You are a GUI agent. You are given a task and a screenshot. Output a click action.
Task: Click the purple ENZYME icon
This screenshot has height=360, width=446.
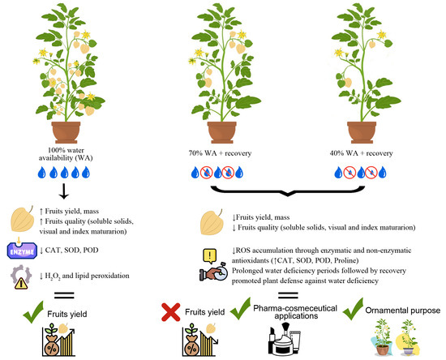point(22,251)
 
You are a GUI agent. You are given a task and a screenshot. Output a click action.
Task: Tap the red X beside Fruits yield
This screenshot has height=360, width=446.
point(170,312)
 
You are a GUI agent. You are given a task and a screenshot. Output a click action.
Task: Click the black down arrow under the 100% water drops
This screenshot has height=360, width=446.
point(64,191)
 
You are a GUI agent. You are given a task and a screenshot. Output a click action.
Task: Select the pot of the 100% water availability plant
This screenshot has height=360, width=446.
point(66,132)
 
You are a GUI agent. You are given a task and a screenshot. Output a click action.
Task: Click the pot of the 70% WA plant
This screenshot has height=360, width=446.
point(222,132)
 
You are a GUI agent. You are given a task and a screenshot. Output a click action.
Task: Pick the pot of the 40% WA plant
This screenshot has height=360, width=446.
point(362,132)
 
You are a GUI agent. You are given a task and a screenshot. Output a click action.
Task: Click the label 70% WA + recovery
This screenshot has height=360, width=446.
point(220,153)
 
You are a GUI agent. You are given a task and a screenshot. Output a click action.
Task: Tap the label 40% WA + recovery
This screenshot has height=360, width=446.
point(361,153)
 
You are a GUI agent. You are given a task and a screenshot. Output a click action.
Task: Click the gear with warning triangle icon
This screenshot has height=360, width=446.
point(20,276)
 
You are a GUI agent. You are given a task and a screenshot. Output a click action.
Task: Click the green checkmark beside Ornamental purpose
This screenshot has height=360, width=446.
point(353,309)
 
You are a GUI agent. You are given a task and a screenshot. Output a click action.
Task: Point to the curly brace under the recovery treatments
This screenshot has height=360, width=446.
point(288,191)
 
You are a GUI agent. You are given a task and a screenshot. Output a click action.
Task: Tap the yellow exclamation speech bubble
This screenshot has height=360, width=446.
point(210,256)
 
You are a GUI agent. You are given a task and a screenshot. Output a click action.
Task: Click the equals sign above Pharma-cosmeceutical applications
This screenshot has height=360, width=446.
point(288,295)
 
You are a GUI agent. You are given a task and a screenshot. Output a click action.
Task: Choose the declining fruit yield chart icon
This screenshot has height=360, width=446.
point(200,339)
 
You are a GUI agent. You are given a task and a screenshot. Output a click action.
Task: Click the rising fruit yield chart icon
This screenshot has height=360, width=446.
point(58,339)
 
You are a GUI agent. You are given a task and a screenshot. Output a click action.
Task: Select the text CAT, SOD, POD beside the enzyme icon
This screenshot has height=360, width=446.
point(71,251)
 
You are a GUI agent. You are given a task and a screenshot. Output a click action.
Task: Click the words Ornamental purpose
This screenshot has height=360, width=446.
point(403,311)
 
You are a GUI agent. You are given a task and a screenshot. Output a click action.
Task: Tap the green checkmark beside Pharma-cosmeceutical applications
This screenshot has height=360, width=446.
point(240,309)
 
